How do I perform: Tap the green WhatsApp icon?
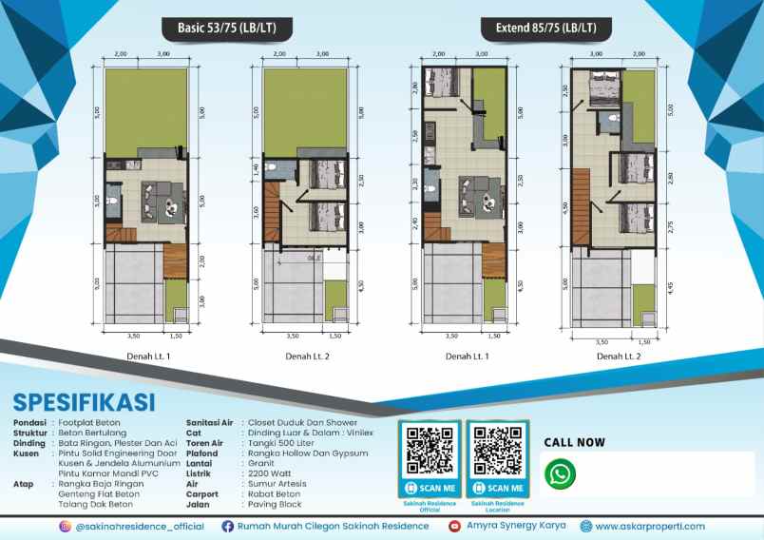[x=562, y=473]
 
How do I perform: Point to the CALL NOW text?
[x=574, y=442]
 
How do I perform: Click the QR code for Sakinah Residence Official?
[x=429, y=451]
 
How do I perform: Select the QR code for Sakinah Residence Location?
[x=496, y=451]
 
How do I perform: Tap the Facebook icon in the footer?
[x=228, y=526]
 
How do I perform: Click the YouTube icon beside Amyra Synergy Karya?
[x=455, y=526]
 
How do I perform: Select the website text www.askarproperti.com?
[x=652, y=526]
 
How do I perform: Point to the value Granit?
[x=259, y=463]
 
